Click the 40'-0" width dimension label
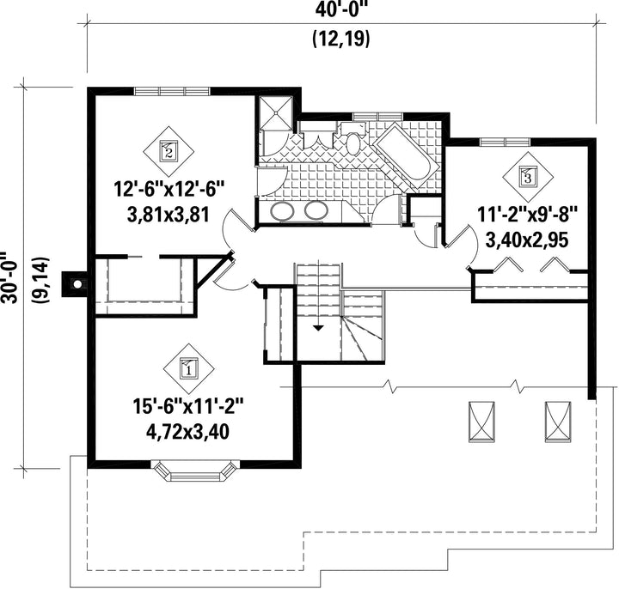341,9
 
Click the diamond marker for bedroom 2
169,152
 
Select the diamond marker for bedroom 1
189,369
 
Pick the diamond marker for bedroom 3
527,177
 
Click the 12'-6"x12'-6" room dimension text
169,189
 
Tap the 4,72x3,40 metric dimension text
188,432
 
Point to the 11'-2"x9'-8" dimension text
527,216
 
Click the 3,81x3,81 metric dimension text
169,216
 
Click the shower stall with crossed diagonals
276,113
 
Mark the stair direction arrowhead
318,327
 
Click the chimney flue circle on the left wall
77,283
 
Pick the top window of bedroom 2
171,91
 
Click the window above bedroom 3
505,142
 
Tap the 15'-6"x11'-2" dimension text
188,406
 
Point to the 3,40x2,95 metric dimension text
527,240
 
